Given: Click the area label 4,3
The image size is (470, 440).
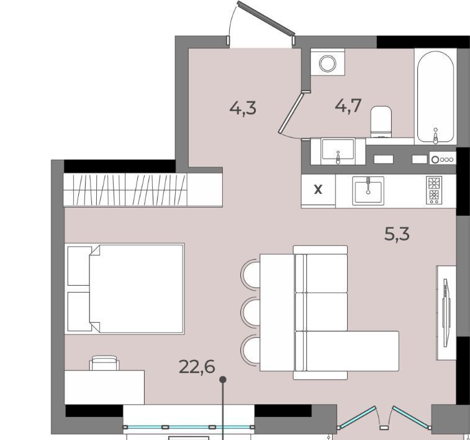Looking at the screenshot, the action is click(x=243, y=108).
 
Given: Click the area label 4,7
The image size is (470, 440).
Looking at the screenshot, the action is click(x=348, y=105).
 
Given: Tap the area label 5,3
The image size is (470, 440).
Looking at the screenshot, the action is click(x=397, y=234).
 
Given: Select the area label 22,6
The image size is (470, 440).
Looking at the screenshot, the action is click(x=197, y=367).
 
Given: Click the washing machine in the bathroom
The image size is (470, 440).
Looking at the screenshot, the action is click(x=328, y=62).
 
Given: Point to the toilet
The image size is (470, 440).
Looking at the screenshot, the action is click(x=381, y=121).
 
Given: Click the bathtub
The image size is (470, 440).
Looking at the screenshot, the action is click(x=435, y=96).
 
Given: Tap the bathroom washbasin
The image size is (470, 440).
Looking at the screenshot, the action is click(x=338, y=151).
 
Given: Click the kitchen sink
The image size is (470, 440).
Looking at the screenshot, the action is click(x=368, y=190).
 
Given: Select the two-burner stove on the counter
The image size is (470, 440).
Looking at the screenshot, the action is click(x=434, y=190).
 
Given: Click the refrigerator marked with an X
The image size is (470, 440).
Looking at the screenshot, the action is click(x=318, y=190).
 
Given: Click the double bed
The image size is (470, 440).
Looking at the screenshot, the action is click(x=124, y=289).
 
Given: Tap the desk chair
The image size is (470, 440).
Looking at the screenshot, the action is click(x=104, y=363).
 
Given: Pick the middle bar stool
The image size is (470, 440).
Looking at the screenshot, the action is click(x=250, y=312).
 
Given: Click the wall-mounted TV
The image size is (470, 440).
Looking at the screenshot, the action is click(x=446, y=312).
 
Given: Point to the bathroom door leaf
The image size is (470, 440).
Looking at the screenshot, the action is click(x=291, y=113).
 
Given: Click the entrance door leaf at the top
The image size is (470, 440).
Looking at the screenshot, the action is click(x=266, y=18).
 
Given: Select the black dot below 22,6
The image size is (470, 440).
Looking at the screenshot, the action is click(x=223, y=380).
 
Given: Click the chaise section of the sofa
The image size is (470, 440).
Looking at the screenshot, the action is click(x=352, y=351).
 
